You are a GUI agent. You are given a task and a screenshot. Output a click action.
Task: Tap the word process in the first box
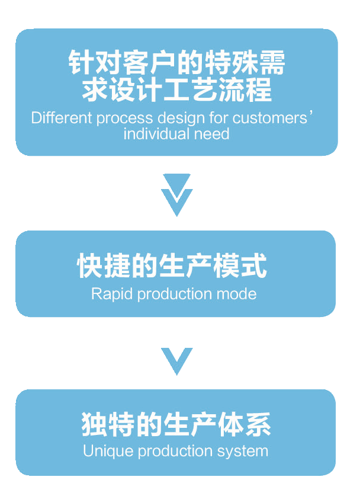pos(111,117)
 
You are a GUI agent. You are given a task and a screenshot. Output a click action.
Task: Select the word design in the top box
pos(164,117)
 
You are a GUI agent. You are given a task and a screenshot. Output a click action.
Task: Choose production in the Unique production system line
pos(172,451)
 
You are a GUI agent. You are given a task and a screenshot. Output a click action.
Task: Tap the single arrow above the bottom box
pos(177,360)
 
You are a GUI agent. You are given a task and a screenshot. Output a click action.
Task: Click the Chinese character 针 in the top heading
pos(79,63)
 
